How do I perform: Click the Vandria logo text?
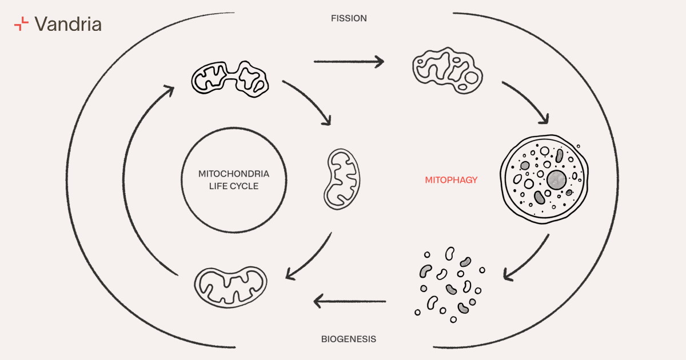point(68,24)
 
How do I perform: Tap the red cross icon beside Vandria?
point(21,24)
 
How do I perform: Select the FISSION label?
point(349,18)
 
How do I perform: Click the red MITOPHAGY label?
point(451,180)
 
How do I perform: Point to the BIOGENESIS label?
point(349,339)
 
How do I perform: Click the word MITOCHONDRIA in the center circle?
point(226,173)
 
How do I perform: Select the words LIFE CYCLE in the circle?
point(226,186)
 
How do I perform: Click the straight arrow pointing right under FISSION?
point(349,61)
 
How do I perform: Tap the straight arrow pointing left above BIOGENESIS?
point(350,301)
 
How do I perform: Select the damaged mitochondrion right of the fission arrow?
point(446,68)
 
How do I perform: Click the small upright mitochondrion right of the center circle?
point(343,178)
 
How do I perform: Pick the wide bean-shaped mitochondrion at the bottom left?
point(230,285)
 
